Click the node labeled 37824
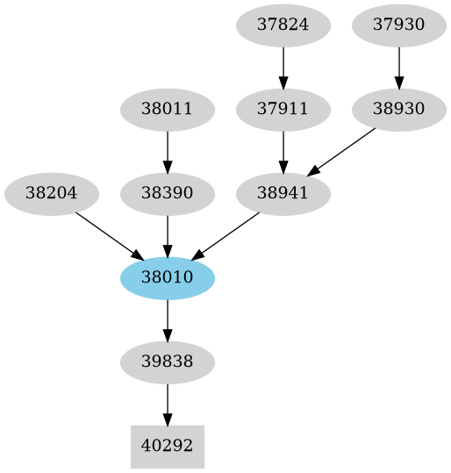click(x=283, y=25)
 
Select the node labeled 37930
click(x=399, y=25)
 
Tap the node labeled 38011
click(x=168, y=110)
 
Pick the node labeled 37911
click(x=283, y=110)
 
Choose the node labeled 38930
click(x=399, y=110)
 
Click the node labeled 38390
click(x=168, y=193)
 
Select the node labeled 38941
click(x=283, y=193)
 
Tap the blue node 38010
click(x=168, y=278)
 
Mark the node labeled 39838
click(x=168, y=362)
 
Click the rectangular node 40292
click(x=168, y=446)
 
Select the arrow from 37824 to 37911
click(x=283, y=67)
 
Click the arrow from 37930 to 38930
click(x=399, y=67)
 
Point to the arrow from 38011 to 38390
click(x=168, y=151)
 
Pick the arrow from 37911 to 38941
click(x=283, y=151)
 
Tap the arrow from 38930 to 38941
click(x=341, y=151)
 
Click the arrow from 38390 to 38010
click(x=168, y=235)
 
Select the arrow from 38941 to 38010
click(x=225, y=235)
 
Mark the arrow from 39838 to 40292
click(x=168, y=404)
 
